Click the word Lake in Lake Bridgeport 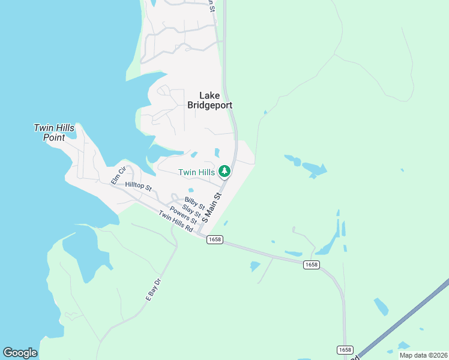click(x=209, y=95)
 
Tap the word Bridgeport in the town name click(x=209, y=106)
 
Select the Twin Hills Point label click(x=53, y=133)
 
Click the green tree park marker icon click(x=224, y=172)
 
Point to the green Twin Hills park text click(x=196, y=173)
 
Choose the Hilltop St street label click(x=139, y=187)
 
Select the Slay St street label click(x=190, y=210)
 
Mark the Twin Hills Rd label click(x=176, y=223)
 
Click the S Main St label click(x=212, y=208)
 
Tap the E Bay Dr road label click(x=154, y=289)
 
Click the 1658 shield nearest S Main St click(x=214, y=239)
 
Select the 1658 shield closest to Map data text click(x=345, y=350)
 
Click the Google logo click(x=20, y=353)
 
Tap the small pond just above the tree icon click(x=217, y=152)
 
